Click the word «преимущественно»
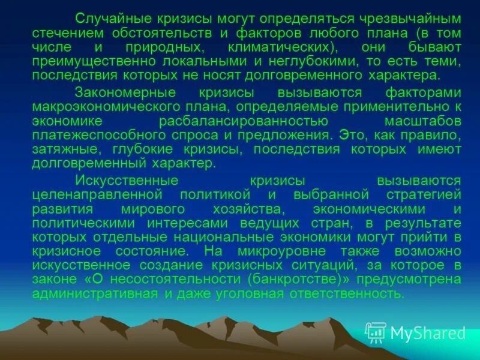tap(92, 62)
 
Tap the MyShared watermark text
tap(427, 333)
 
